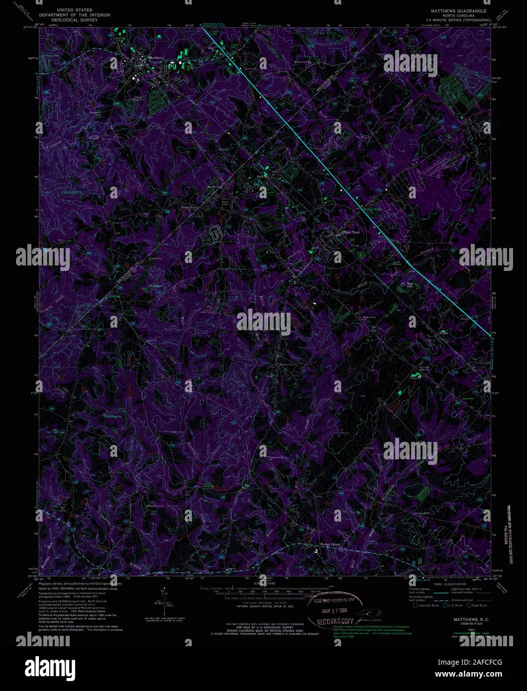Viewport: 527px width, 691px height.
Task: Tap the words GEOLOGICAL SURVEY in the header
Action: click(75, 21)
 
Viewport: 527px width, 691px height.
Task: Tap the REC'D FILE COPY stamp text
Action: click(333, 621)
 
